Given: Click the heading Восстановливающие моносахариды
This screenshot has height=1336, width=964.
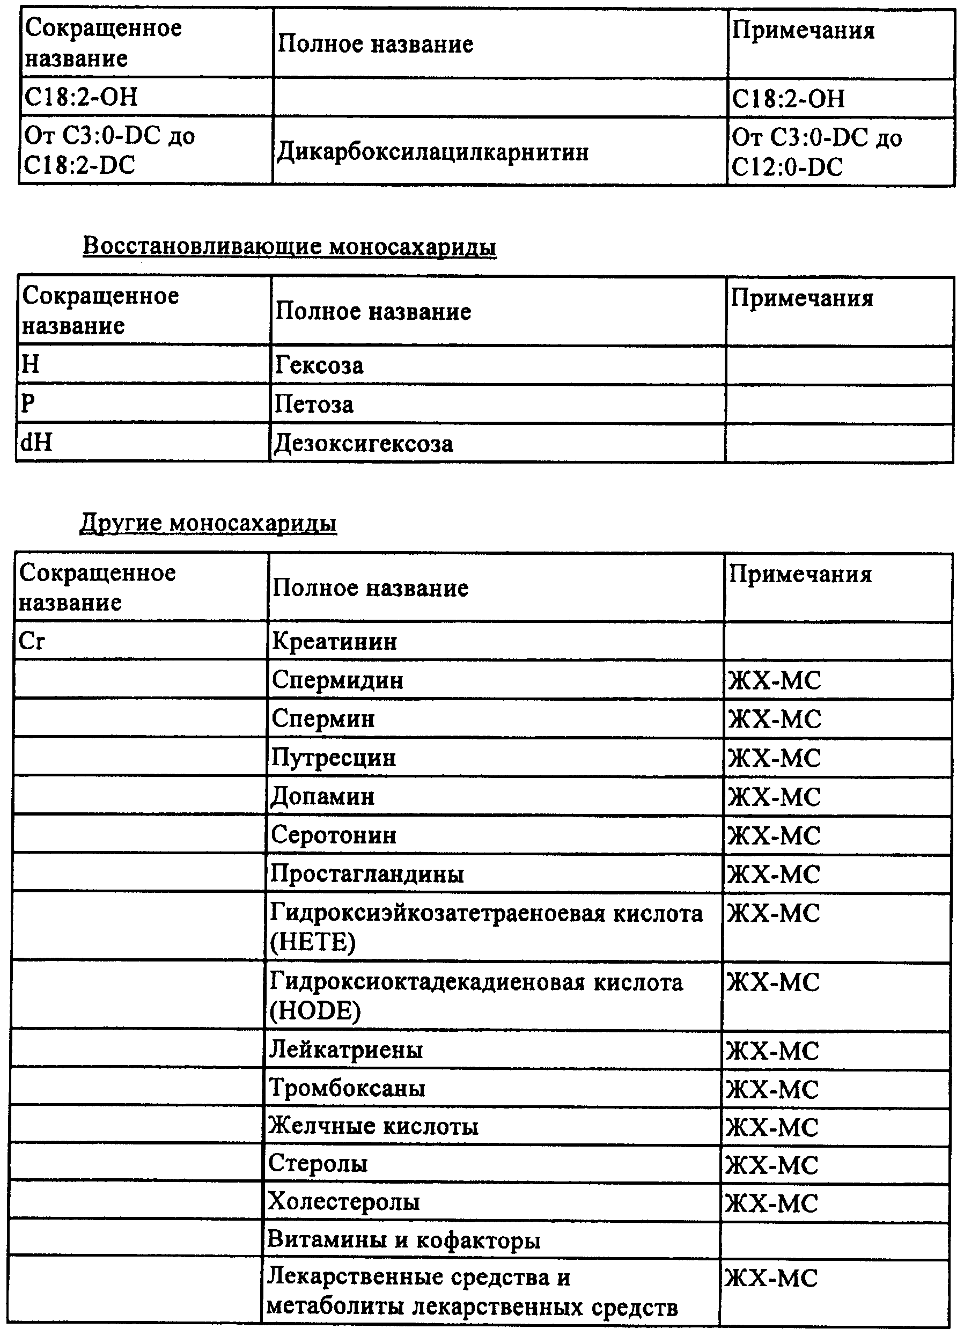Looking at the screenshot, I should click(289, 246).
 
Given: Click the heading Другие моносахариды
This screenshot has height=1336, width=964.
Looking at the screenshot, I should click(208, 523).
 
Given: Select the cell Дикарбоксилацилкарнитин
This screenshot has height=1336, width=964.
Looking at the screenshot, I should click(432, 152).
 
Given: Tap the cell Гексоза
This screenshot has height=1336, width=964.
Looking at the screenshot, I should click(319, 366).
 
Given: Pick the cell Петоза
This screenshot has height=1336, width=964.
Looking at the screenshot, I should click(314, 405).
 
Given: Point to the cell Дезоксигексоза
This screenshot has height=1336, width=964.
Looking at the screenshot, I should click(363, 444).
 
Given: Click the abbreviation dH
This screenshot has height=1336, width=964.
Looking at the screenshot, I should click(36, 442).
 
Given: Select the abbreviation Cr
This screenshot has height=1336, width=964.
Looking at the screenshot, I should click(32, 640).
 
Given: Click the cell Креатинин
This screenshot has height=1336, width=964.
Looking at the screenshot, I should click(334, 641).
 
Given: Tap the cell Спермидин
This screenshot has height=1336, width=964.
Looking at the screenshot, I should click(337, 680).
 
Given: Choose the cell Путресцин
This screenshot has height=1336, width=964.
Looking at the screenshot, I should click(333, 758).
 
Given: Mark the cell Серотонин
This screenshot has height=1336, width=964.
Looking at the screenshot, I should click(333, 835).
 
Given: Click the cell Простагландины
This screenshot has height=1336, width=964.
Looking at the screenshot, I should click(367, 873).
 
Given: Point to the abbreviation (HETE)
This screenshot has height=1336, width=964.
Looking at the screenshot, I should click(313, 942).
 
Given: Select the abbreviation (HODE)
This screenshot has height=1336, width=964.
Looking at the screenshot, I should click(315, 1011).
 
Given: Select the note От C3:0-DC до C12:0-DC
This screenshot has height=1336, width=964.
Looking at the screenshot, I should click(815, 152).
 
